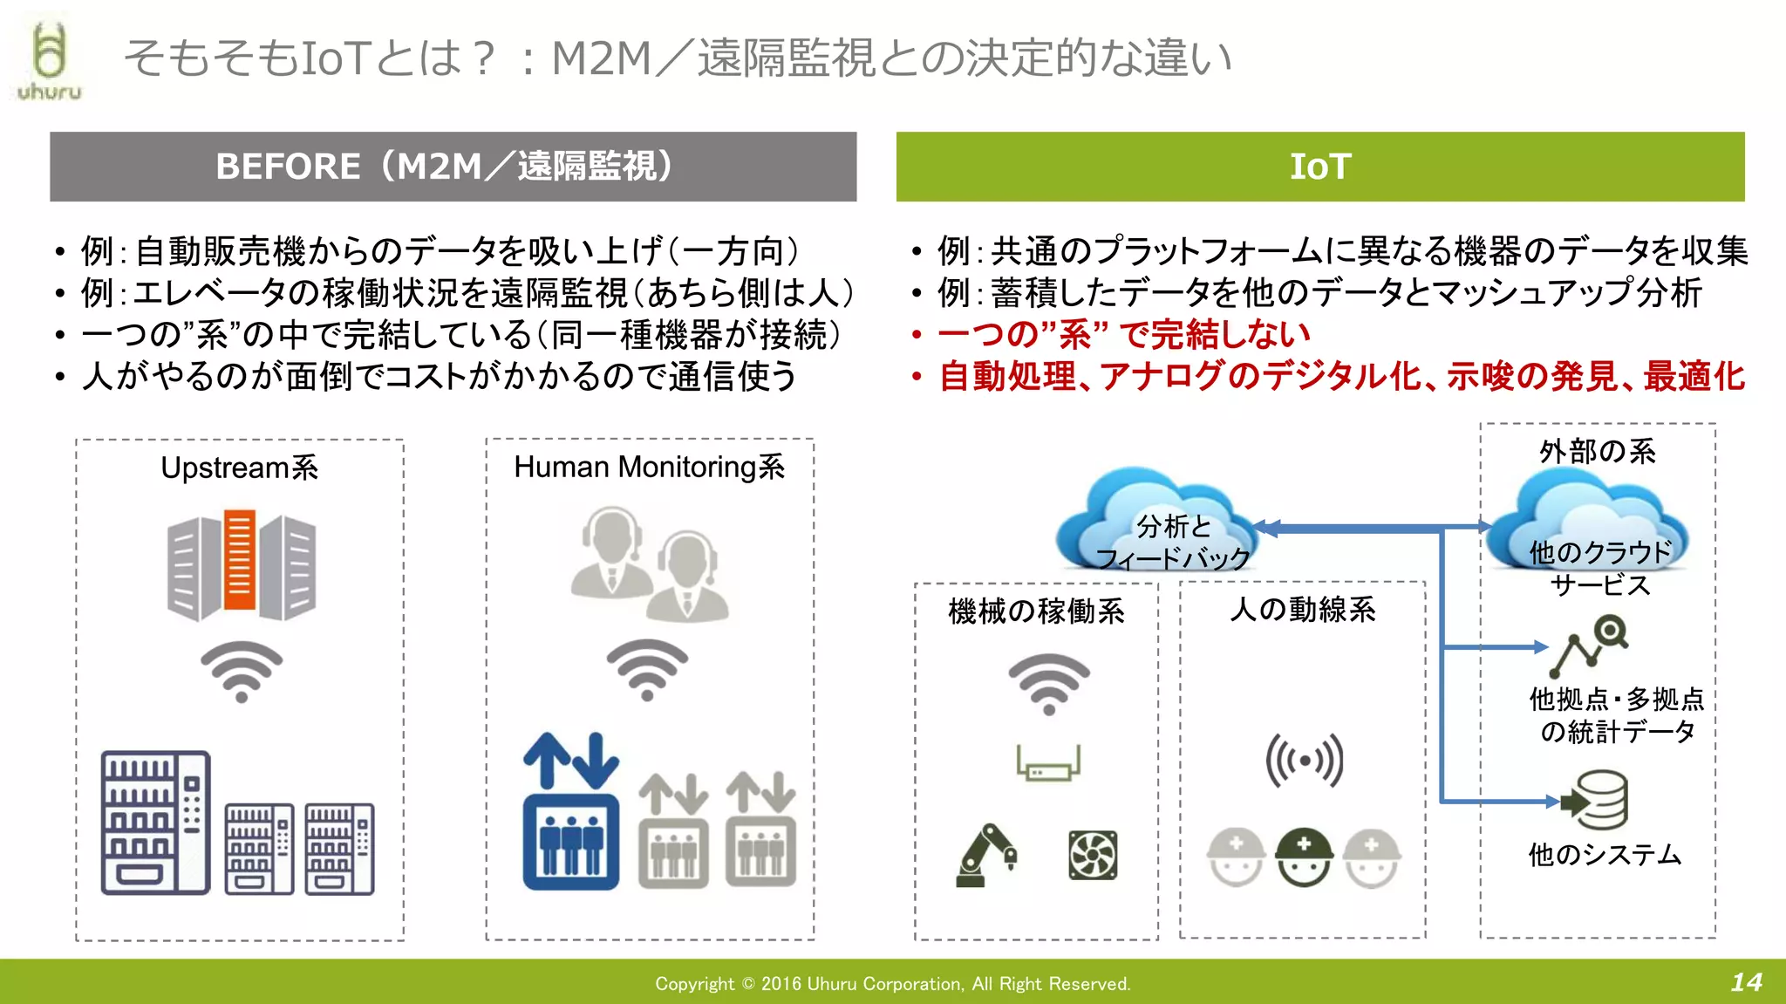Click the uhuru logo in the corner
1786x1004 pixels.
coord(49,61)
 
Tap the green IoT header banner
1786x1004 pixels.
coord(1319,167)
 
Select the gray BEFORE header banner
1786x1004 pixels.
coord(453,167)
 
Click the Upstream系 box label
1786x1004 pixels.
coord(239,468)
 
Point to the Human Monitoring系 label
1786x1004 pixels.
coord(649,468)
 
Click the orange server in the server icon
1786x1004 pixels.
coord(240,559)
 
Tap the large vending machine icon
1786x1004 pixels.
coord(155,823)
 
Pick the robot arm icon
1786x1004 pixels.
coord(986,855)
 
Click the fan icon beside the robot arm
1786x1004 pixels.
coord(1093,855)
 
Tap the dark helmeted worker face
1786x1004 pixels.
coord(1304,856)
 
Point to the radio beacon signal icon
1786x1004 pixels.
coord(1304,761)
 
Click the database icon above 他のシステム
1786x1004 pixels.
coord(1596,800)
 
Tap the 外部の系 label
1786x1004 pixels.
coord(1597,452)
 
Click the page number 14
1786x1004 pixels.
coord(1746,982)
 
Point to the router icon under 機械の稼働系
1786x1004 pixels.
coord(1048,764)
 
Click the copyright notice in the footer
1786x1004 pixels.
coord(892,984)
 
